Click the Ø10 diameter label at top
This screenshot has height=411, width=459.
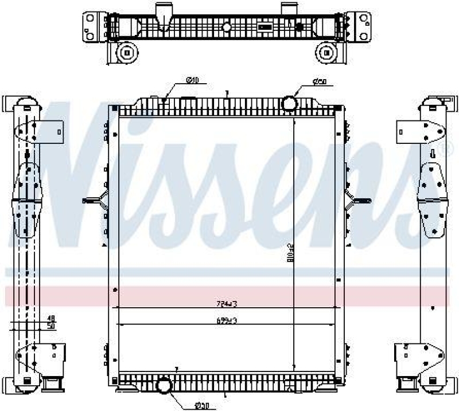pos(192,80)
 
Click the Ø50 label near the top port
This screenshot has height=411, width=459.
pos(320,83)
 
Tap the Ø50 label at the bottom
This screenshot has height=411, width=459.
pos(200,406)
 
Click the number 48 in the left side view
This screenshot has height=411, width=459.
pos(50,318)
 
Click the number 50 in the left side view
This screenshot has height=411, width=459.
pos(50,325)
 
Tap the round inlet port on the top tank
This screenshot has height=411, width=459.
pos(290,103)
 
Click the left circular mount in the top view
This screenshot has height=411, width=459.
pos(125,53)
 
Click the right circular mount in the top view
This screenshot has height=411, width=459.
pos(327,53)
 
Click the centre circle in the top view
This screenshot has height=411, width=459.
pos(226,26)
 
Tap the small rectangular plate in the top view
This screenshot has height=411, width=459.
pos(264,26)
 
